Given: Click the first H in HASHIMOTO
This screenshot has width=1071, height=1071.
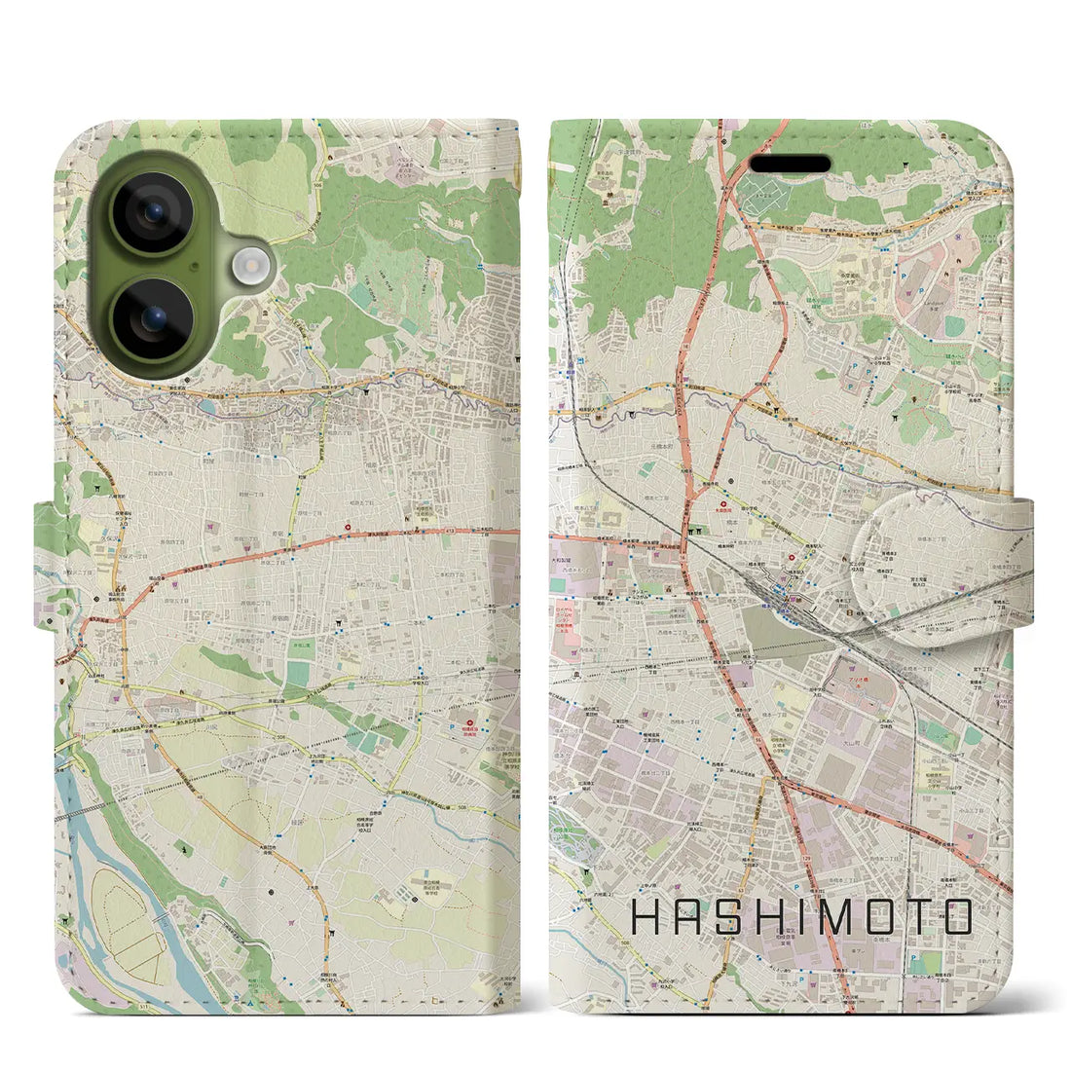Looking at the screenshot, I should (646, 916).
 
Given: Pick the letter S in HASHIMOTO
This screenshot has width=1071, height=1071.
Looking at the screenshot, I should (723, 916).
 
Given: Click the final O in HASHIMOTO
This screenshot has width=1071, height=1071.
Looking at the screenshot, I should (952, 916).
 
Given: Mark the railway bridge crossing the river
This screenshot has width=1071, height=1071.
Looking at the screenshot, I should (83, 811).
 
